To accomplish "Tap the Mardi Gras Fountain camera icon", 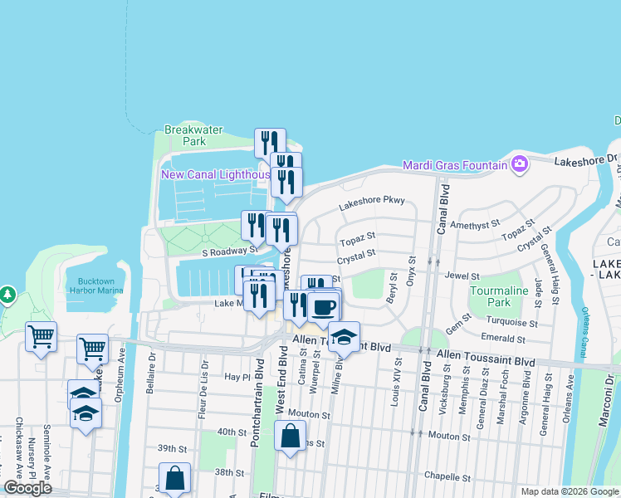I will point(520,163).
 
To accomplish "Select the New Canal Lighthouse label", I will point(215,174).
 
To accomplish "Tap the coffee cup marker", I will point(324,307).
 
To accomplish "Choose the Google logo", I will point(28,488).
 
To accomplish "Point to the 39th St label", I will point(169,448).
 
